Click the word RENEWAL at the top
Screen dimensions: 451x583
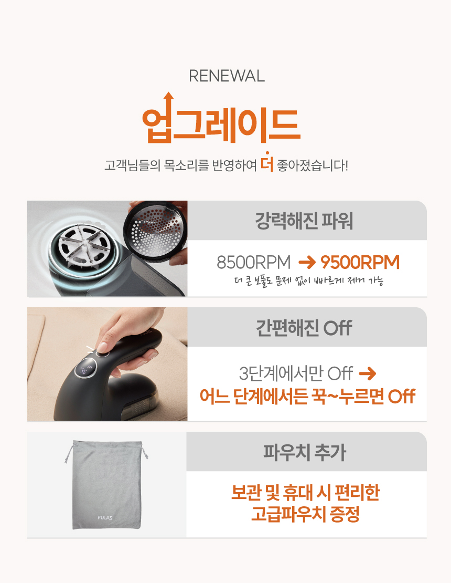click(x=227, y=76)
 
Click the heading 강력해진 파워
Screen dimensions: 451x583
click(x=304, y=221)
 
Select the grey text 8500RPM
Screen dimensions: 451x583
click(x=253, y=262)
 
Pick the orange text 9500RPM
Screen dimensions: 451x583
click(x=360, y=262)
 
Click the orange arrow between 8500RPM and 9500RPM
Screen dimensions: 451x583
click(x=307, y=263)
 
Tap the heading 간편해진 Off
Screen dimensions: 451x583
click(x=304, y=328)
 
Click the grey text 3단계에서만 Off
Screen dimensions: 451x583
click(x=296, y=373)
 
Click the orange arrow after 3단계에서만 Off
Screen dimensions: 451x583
click(x=368, y=373)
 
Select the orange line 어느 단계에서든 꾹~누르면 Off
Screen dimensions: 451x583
click(x=307, y=397)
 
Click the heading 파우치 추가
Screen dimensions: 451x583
click(x=304, y=453)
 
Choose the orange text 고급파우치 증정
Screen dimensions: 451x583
click(x=305, y=514)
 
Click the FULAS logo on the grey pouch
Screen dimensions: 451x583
click(x=105, y=517)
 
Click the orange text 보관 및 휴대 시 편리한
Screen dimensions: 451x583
click(x=305, y=493)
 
